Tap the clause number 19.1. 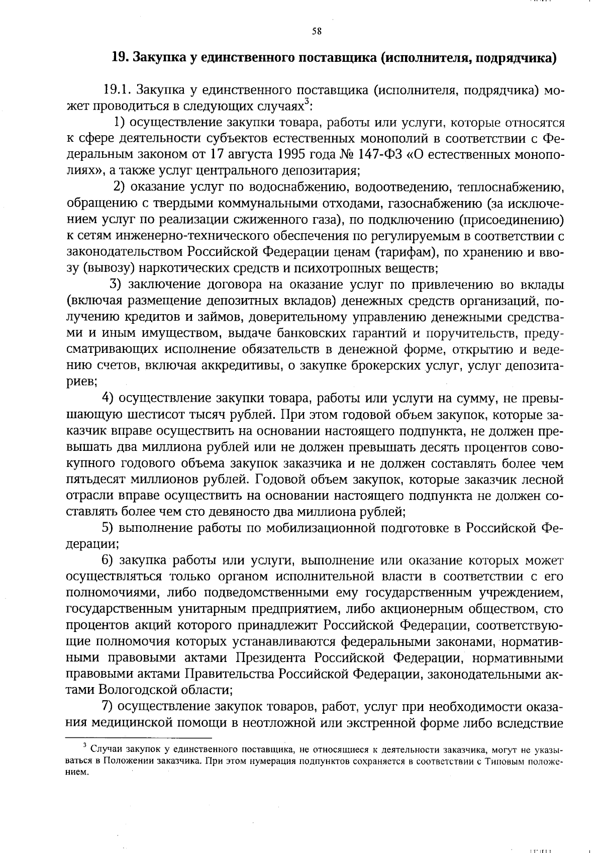117,90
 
